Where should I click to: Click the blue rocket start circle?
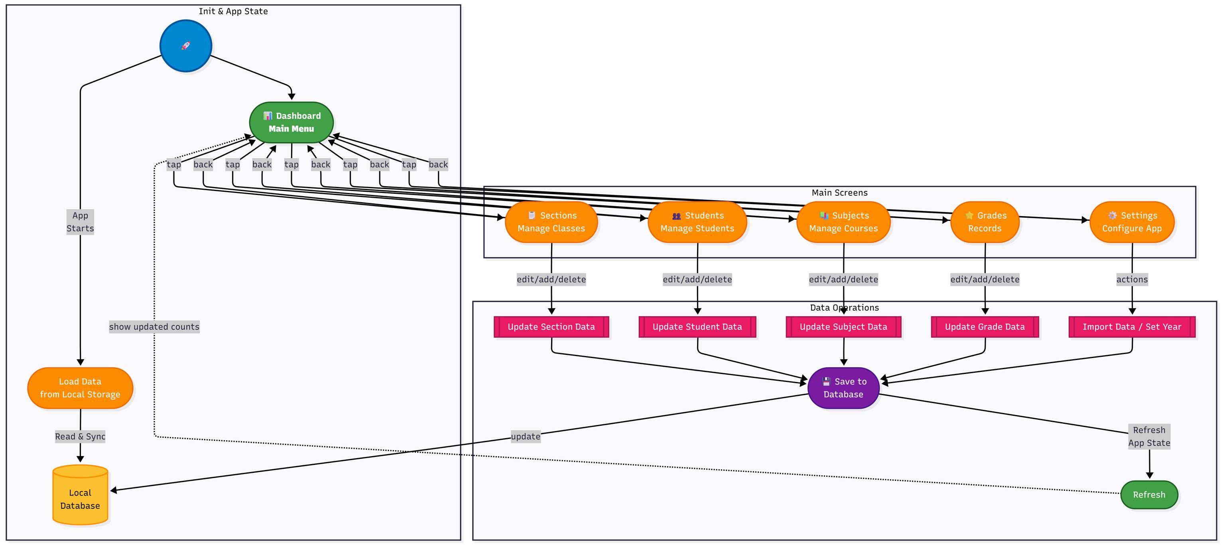186,46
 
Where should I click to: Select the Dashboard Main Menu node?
291,122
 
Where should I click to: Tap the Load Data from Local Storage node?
80,388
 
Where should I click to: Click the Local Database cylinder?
80,496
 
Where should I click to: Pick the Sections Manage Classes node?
551,222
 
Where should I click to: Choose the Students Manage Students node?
697,222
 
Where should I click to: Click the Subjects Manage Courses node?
843,222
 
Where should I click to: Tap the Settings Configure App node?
1132,222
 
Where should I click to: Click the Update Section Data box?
551,327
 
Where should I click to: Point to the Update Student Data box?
697,327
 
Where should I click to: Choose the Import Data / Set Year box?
1132,327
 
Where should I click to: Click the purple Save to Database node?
843,388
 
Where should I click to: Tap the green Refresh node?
1149,495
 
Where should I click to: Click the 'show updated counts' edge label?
154,327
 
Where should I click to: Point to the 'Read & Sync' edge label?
80,436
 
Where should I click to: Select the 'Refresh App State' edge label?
1149,436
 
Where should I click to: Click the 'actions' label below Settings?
1132,279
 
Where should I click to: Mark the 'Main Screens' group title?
839,193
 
